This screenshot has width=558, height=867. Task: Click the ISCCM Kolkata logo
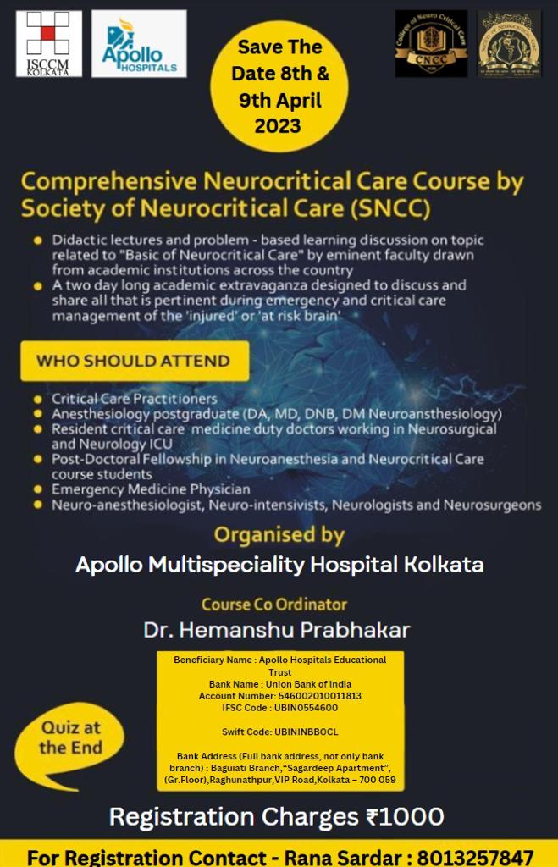48,43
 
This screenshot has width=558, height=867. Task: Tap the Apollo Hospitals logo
139,44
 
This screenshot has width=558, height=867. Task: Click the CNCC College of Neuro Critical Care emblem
431,44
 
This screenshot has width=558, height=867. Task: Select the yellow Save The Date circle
279,86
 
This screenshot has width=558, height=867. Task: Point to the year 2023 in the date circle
278,126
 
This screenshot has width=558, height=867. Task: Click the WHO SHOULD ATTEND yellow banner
134,361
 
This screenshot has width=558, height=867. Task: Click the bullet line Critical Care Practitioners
135,399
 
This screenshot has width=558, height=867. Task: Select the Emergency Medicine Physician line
151,489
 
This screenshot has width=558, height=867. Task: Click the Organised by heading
279,535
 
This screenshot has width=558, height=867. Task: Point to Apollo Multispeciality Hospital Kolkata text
279,565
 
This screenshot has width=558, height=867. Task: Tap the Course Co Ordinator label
274,605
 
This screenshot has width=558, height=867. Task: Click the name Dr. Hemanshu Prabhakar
277,630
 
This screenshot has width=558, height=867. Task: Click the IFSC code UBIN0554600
279,707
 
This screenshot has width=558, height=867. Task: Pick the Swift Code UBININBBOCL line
279,732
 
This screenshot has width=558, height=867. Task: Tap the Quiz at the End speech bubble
70,738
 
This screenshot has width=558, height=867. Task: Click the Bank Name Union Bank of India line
279,683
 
